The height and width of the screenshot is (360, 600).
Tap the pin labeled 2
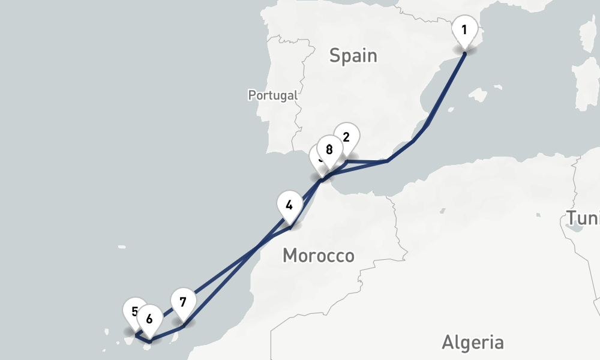point(346,137)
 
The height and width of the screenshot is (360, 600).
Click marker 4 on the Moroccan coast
point(289,205)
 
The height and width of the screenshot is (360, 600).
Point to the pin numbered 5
point(133,311)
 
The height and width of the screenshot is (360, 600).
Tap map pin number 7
point(183,302)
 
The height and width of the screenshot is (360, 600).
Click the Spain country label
point(353,56)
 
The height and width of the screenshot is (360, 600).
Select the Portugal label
point(273,95)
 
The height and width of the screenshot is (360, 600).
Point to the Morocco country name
point(318,256)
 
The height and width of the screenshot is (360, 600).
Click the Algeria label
point(473,343)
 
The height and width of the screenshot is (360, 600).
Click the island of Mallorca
point(478,95)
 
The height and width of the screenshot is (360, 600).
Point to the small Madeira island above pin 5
point(122,246)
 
